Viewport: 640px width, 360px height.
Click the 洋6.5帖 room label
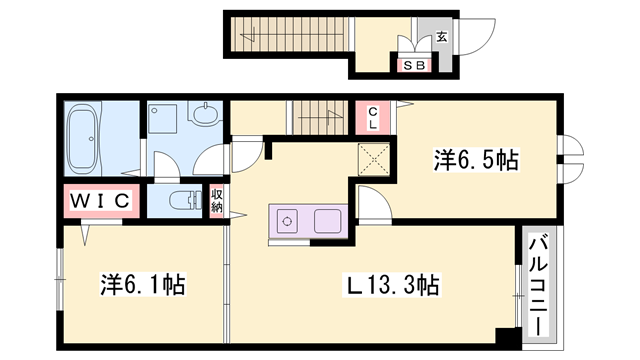coord(476,160)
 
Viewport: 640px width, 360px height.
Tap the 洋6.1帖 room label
coord(143,284)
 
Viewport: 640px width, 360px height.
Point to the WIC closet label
coord(100,201)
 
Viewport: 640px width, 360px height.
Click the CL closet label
coord(373,118)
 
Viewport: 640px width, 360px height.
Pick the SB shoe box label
coord(414,65)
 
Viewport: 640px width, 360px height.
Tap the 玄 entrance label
coord(442,37)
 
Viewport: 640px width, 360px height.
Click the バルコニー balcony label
coord(539,287)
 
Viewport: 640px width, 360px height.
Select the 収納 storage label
coord(217,201)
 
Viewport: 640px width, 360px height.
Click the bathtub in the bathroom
coord(84,138)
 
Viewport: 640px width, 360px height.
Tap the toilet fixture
coord(185,200)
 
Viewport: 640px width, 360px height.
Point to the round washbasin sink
coord(204,114)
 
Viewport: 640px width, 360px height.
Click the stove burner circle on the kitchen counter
coord(287,222)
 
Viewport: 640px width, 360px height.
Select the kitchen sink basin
coord(327,221)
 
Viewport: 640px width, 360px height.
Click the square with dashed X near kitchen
coord(374,160)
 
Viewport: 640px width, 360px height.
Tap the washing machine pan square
coord(163,119)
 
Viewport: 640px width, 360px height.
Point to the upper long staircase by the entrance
coord(290,35)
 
